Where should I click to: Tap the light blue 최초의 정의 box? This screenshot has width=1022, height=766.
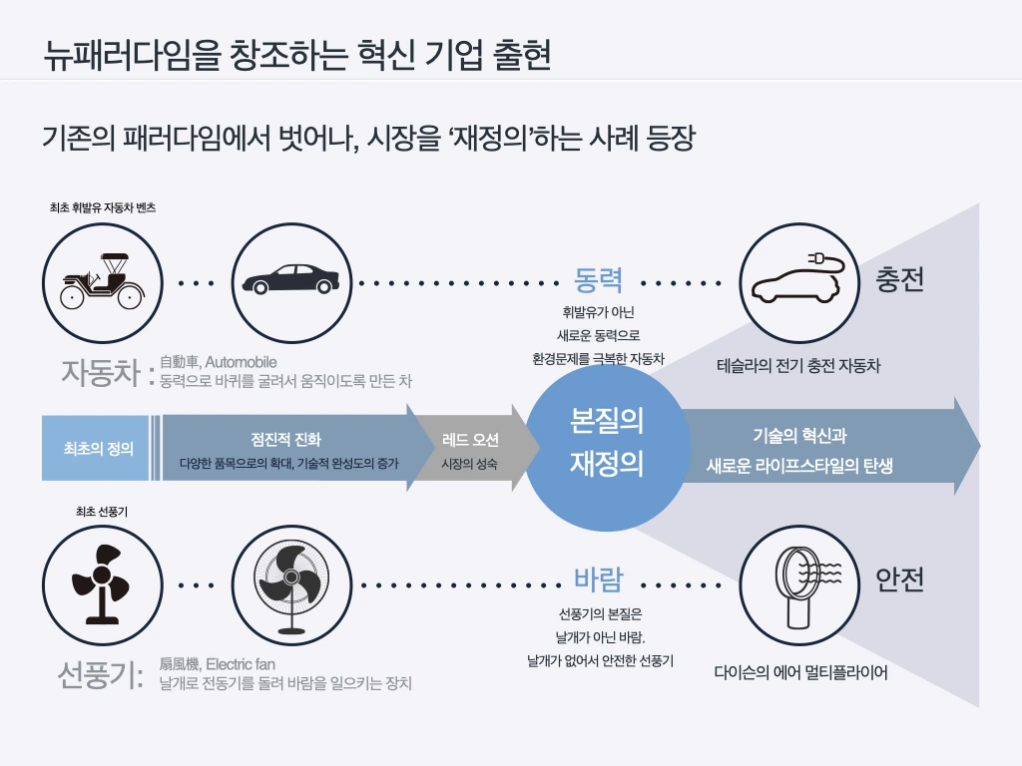click(98, 448)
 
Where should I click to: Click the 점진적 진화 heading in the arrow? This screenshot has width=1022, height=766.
click(285, 439)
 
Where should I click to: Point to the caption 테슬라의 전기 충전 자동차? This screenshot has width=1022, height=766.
click(798, 366)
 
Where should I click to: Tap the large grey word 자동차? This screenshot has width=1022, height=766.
click(100, 372)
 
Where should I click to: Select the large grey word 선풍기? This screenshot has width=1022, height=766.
click(100, 675)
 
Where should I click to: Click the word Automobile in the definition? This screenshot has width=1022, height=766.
click(241, 362)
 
